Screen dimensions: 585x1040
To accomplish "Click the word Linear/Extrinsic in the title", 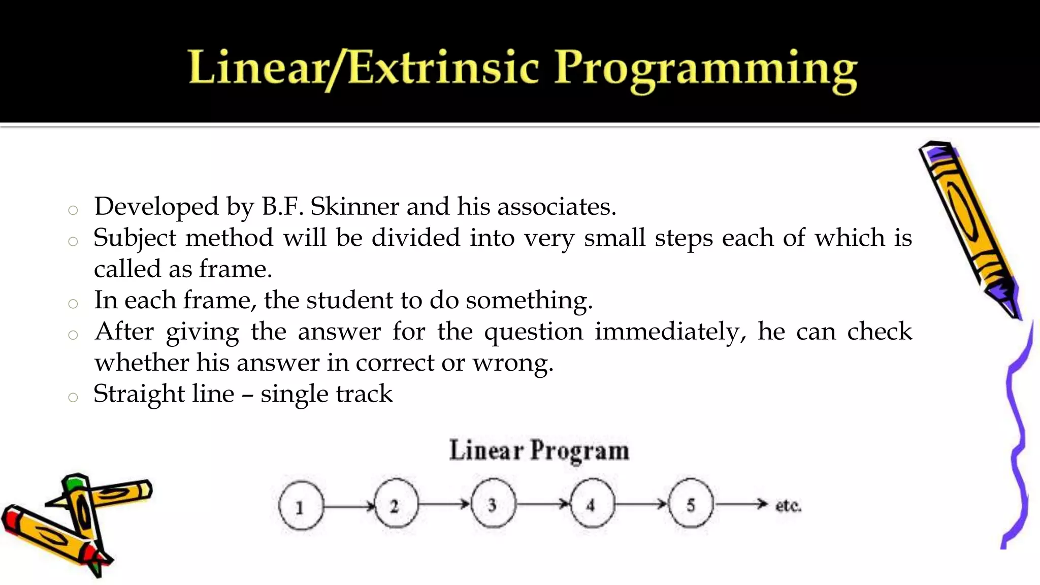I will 363,69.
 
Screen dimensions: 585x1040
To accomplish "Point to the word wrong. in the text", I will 513,363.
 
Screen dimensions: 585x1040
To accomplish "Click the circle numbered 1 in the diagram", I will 301,506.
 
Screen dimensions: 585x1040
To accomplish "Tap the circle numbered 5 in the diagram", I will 691,505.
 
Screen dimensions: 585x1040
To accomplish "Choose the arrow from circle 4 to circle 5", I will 641,504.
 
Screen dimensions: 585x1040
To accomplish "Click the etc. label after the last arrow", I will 788,506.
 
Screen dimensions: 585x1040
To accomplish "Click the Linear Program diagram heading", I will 539,450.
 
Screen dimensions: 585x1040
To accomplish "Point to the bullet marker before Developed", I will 73,210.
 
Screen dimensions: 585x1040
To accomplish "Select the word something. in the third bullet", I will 529,301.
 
